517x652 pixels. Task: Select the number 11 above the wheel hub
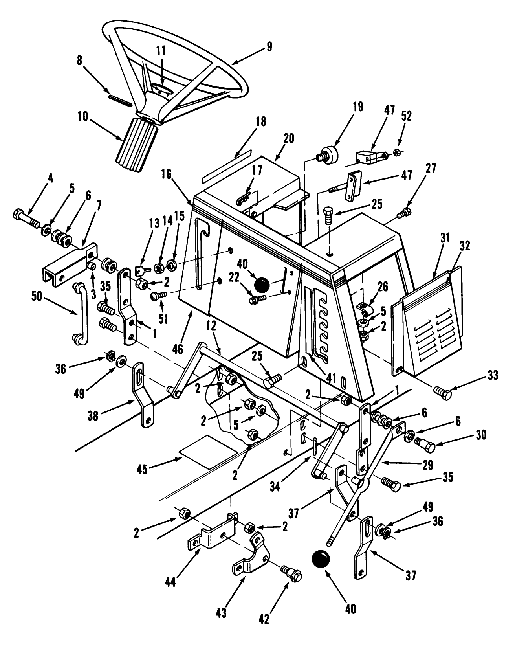click(161, 51)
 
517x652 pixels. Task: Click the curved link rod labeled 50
click(80, 313)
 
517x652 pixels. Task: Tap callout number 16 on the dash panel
click(167, 174)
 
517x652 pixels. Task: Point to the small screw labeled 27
click(404, 214)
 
